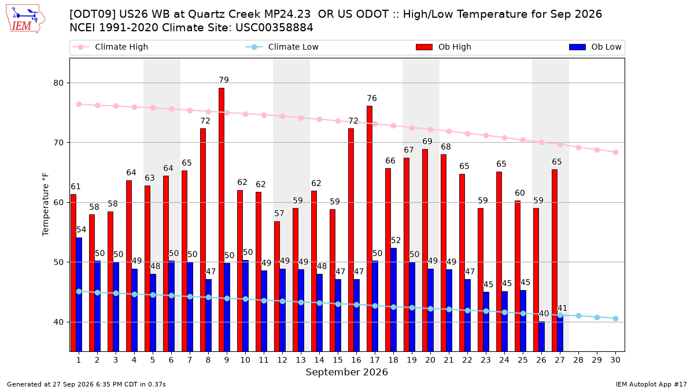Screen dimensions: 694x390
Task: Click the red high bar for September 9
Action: click(x=221, y=220)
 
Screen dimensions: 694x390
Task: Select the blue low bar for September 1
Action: click(x=79, y=295)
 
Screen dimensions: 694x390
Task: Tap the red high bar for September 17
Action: click(x=370, y=229)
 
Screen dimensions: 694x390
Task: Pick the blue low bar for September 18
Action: click(x=393, y=300)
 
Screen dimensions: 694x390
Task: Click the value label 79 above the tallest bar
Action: click(x=224, y=80)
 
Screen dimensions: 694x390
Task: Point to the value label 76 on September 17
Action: click(x=372, y=98)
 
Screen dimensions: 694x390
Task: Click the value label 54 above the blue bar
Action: click(x=81, y=230)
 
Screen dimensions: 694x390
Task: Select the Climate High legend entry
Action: click(x=110, y=47)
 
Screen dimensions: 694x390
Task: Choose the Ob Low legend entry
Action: click(x=595, y=47)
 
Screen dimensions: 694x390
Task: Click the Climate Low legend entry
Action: click(x=282, y=47)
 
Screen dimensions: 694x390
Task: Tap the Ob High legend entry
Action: click(x=444, y=47)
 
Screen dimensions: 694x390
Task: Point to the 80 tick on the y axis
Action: click(x=58, y=83)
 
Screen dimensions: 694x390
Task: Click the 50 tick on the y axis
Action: click(x=58, y=262)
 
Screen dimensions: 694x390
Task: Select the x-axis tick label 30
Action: click(x=615, y=360)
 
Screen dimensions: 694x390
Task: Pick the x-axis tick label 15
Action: click(x=338, y=360)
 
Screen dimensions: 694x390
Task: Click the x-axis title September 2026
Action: click(x=346, y=372)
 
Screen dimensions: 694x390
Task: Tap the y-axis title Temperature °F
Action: click(x=46, y=205)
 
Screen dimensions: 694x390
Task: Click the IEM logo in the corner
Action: click(x=25, y=18)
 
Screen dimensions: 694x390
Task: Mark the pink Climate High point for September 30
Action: click(x=615, y=153)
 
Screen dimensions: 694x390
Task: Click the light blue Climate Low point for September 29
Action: click(x=597, y=318)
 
